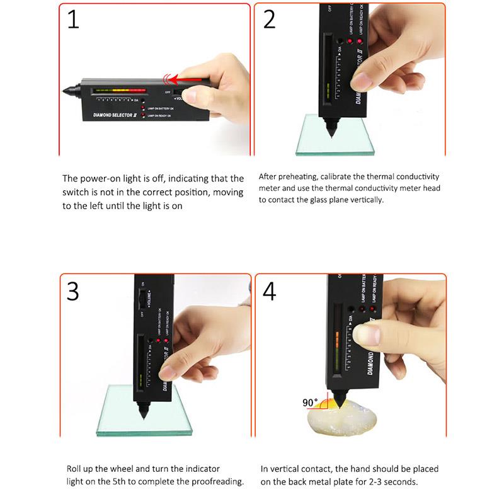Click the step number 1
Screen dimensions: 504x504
click(73, 20)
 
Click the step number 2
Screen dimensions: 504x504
click(270, 20)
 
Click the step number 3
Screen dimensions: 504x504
click(73, 291)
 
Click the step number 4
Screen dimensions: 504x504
click(270, 292)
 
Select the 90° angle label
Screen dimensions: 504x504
click(311, 401)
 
